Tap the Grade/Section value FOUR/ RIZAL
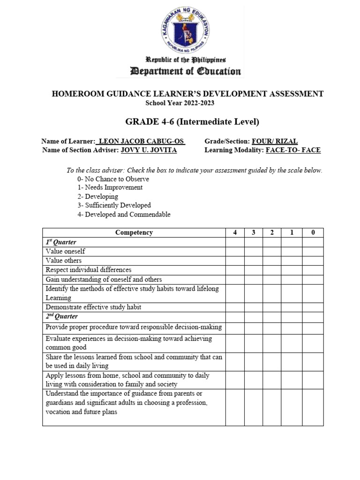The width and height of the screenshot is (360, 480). [x=275, y=142]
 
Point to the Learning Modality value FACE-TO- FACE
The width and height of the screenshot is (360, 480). [x=293, y=150]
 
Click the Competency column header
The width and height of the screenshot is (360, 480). [x=134, y=232]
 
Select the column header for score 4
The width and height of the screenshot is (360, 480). [x=234, y=232]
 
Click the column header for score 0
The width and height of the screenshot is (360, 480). [x=313, y=232]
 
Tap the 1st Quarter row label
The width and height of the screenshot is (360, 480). [x=61, y=242]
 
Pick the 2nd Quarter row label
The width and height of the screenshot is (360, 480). [x=62, y=316]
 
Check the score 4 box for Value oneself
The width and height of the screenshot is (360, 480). [x=234, y=251]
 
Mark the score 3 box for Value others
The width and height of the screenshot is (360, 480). [x=253, y=261]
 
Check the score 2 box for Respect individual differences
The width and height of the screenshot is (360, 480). [x=272, y=270]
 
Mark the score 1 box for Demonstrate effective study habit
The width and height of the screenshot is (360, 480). [x=292, y=307]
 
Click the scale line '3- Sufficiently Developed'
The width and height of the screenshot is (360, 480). [x=114, y=205]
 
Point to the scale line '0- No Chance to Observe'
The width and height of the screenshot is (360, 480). [x=113, y=179]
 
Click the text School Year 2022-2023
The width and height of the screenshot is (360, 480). [x=180, y=103]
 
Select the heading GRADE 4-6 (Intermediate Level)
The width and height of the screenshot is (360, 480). [x=192, y=122]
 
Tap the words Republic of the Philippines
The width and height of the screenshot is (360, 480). [x=180, y=60]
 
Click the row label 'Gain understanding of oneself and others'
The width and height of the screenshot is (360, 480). [x=104, y=279]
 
